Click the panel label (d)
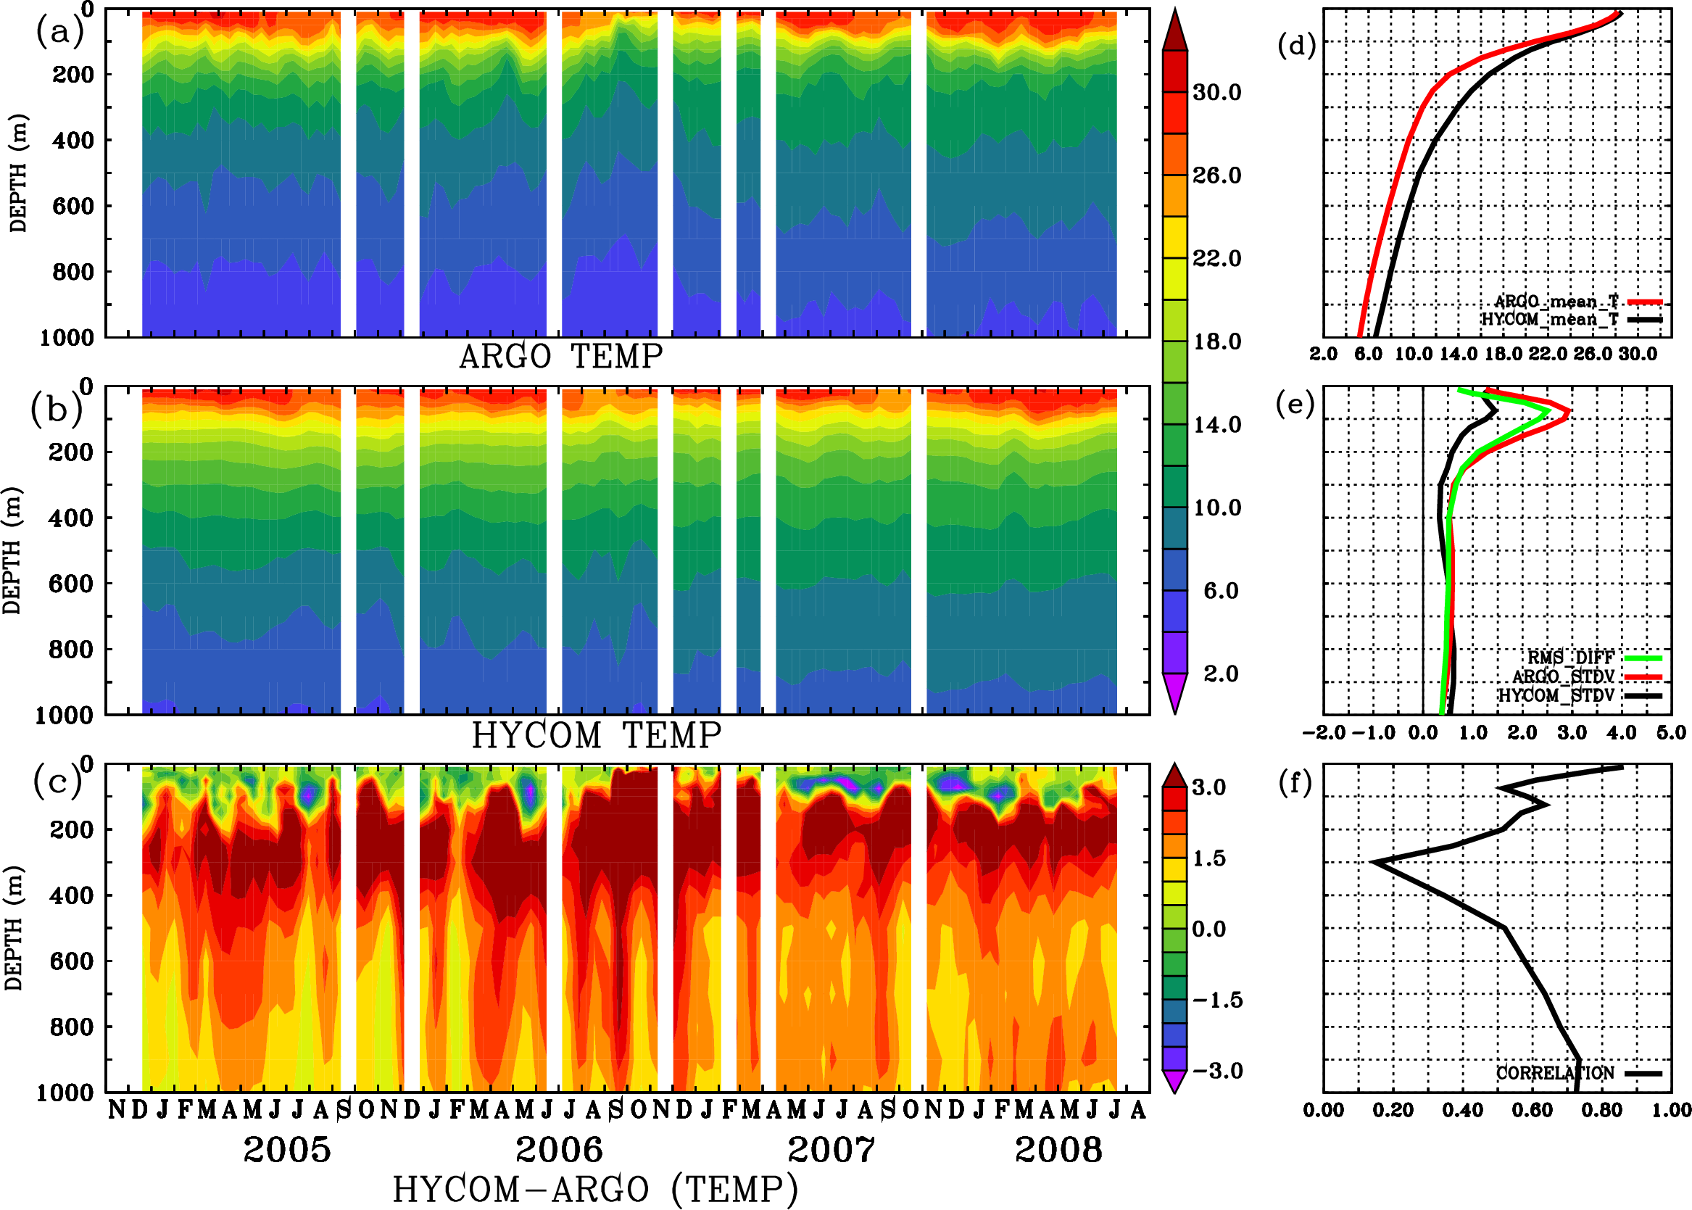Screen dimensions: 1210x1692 (1296, 46)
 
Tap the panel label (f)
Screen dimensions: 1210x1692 (1295, 783)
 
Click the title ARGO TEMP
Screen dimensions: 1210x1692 (560, 357)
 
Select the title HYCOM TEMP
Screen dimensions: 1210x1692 (597, 735)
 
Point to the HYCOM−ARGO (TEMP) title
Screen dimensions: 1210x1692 (595, 1189)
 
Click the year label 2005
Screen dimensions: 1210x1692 (287, 1150)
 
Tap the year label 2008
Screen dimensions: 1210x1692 (1058, 1150)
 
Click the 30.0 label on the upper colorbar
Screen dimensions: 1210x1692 (1216, 92)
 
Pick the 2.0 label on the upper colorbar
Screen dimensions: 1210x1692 (1221, 674)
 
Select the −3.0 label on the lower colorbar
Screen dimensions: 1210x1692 (1217, 1071)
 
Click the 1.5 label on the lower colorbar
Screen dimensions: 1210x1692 (1208, 858)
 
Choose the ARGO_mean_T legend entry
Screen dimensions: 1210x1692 (1556, 302)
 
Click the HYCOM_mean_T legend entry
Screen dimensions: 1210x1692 (1550, 320)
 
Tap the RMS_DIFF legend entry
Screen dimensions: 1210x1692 (1570, 658)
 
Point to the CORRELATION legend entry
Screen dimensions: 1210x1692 (1556, 1073)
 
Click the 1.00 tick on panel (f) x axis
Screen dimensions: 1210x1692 (1671, 1110)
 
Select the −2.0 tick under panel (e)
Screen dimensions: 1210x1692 (1323, 732)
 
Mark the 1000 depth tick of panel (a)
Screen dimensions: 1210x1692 (67, 338)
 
